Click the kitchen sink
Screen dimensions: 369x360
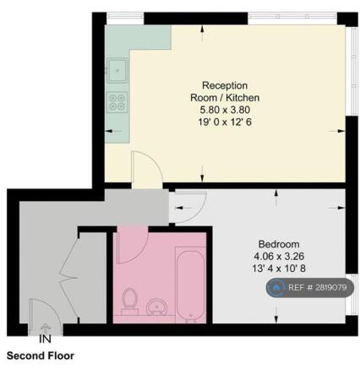pos(117,68)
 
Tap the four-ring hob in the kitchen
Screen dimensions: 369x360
pos(117,103)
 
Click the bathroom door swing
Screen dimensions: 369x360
pos(129,246)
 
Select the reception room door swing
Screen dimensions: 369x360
pos(145,169)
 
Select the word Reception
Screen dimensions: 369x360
pos(225,86)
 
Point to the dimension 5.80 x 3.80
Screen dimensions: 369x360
pos(225,110)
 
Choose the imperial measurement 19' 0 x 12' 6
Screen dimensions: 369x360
pos(225,122)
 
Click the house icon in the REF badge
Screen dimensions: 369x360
pos(276,288)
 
